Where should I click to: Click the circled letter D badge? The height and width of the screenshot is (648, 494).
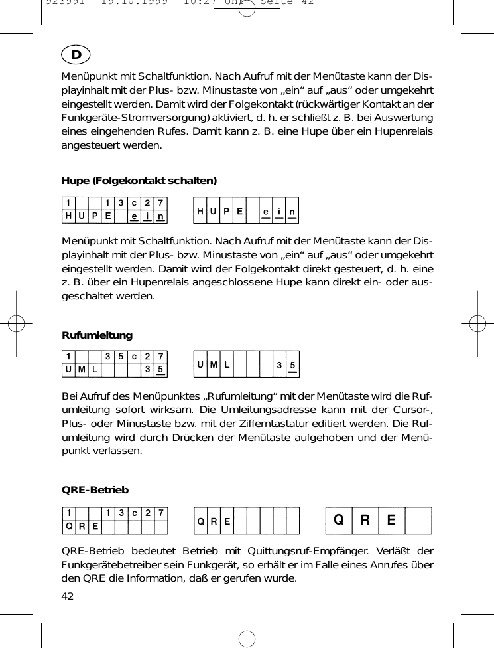tap(76, 54)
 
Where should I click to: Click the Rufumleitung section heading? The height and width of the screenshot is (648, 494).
tap(97, 335)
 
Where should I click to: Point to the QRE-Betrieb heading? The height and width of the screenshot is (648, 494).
tap(95, 490)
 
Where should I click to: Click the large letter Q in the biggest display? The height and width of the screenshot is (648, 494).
tap(338, 520)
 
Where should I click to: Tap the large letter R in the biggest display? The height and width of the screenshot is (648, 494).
tap(365, 520)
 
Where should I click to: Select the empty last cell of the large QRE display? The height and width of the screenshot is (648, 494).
tap(418, 520)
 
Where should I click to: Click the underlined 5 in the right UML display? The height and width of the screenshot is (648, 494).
tap(292, 365)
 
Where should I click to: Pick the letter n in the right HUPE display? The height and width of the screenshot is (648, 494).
tap(292, 210)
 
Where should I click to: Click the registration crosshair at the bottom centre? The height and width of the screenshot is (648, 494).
tap(247, 638)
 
